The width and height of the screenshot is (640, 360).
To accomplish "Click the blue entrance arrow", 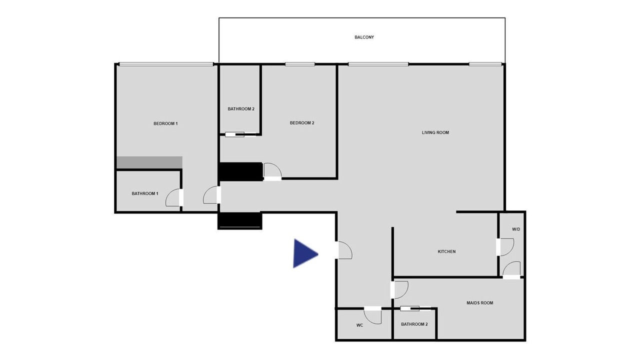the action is click(304, 253).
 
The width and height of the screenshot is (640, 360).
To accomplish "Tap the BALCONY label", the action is click(364, 37).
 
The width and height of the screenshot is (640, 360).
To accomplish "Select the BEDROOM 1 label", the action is click(165, 123).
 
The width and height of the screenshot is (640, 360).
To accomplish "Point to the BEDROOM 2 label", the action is click(302, 123).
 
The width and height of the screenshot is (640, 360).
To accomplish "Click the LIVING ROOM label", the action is click(435, 132).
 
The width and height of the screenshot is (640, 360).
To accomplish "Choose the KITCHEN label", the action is click(447, 251).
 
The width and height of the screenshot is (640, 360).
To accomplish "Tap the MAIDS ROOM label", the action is click(480, 303).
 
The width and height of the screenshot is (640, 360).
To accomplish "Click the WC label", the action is click(359, 325).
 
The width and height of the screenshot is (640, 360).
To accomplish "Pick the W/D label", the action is click(516, 229).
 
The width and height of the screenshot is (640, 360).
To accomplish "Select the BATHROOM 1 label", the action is click(145, 193).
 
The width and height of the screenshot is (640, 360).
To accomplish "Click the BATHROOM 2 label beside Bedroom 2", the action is click(241, 109).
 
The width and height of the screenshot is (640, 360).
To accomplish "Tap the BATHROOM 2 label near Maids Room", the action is click(414, 324).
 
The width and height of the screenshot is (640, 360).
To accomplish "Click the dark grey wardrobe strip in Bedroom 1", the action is click(149, 162).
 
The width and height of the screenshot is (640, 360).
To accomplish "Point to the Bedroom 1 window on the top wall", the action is click(166, 64).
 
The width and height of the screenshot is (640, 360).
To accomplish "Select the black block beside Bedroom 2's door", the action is click(240, 171).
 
